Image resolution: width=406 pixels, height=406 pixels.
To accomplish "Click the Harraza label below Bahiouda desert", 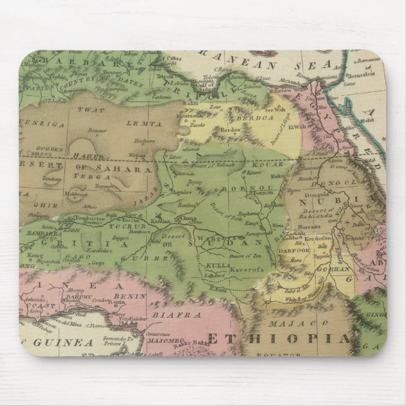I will (307, 225).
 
